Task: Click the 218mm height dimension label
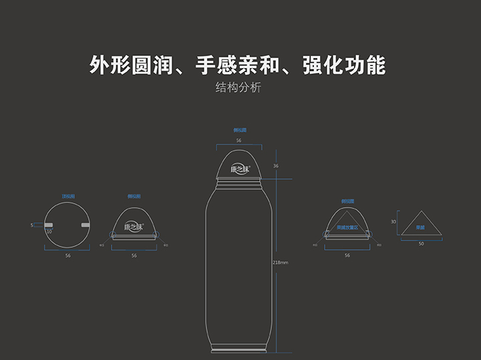[281, 262]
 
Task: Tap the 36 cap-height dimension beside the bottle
[276, 166]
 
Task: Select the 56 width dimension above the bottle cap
[238, 141]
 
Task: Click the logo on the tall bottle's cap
[238, 168]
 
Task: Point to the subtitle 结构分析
[238, 88]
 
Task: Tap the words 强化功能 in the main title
[345, 65]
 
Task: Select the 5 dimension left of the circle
[31, 225]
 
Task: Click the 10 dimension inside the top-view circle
[49, 232]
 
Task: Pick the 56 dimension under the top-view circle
[67, 255]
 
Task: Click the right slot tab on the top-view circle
[86, 225]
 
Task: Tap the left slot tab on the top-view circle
[49, 225]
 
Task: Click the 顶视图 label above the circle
[67, 196]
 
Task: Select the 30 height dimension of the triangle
[393, 222]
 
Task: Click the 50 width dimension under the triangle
[421, 244]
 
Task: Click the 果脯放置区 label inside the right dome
[347, 228]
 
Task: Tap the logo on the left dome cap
[134, 226]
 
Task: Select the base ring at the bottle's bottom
[238, 349]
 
